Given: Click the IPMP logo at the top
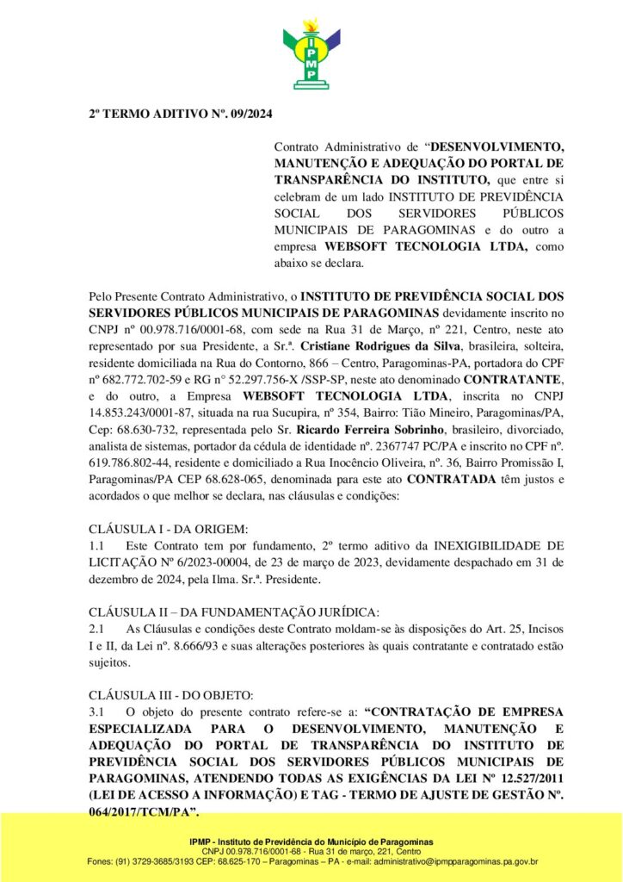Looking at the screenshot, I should coord(311,53).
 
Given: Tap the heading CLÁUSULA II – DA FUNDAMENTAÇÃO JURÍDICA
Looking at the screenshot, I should coord(234,612).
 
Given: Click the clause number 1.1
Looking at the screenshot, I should coord(96,546).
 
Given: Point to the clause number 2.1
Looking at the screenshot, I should coord(96,630).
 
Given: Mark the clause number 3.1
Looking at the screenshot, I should coord(96,712).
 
